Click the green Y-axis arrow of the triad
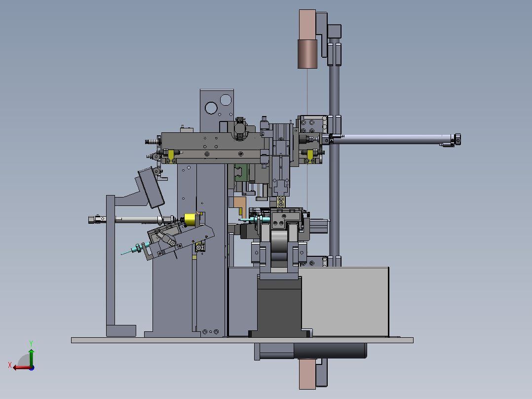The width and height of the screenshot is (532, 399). (31, 357)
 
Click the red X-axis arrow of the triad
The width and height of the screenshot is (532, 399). (22, 367)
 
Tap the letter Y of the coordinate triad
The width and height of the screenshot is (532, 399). (31, 343)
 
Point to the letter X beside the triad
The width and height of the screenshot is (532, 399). (10, 365)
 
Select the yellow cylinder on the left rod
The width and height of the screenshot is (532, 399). (190, 220)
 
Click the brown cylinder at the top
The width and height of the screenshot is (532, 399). (307, 54)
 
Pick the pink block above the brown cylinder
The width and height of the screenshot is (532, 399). (307, 25)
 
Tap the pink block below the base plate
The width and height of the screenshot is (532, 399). (307, 374)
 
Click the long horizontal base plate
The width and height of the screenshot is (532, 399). (242, 340)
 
